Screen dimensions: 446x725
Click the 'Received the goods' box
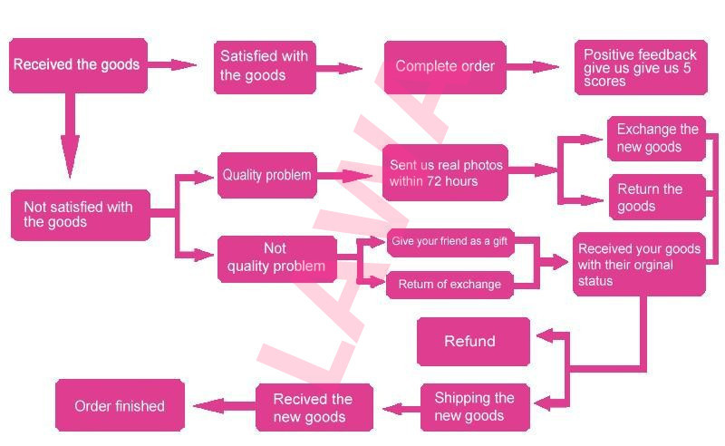[78, 65]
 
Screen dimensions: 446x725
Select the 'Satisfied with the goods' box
[265, 66]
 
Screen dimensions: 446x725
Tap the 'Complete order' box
[444, 66]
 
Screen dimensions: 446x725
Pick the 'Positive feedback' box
[640, 68]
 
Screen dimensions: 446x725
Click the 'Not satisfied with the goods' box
[80, 215]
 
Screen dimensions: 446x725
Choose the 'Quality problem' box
[266, 175]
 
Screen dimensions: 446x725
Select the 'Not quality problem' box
[275, 257]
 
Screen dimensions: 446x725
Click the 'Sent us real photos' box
[445, 172]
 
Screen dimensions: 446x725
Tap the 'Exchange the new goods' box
[656, 138]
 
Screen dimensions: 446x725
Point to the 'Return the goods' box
[656, 197]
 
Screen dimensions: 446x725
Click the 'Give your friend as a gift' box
[449, 242]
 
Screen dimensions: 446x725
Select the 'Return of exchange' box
[449, 285]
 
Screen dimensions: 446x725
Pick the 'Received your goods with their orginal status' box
[639, 264]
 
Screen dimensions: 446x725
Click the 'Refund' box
[472, 342]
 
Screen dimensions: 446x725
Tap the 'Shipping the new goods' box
[474, 407]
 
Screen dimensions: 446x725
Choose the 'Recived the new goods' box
[313, 408]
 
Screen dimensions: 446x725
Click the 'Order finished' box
[120, 406]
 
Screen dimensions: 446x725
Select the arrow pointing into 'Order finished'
[221, 406]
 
